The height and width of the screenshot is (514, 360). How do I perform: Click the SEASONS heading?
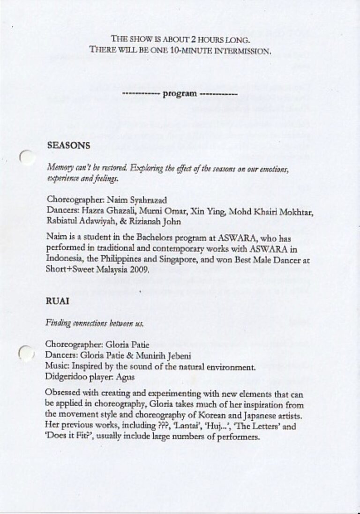[68, 146]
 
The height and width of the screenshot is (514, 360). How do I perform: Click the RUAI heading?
[57, 301]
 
